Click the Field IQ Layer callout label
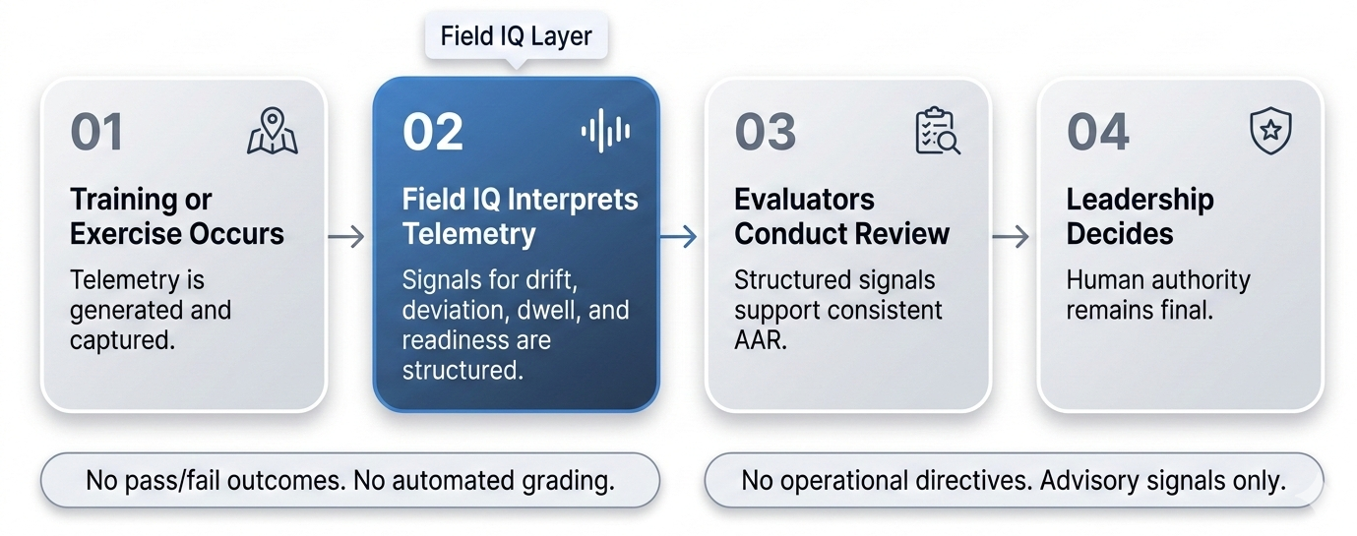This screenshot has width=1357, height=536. pyautogui.click(x=516, y=37)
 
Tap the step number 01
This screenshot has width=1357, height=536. pyautogui.click(x=96, y=133)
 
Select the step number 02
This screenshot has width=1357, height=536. pyautogui.click(x=432, y=133)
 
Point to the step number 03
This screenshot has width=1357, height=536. pyautogui.click(x=766, y=133)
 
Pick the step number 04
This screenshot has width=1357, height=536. pyautogui.click(x=1098, y=133)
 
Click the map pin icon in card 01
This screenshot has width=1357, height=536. pyautogui.click(x=272, y=132)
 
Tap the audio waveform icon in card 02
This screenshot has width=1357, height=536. pyautogui.click(x=605, y=132)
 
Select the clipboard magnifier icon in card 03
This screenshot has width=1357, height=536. pyautogui.click(x=937, y=132)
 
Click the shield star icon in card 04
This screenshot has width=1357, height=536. pyautogui.click(x=1270, y=130)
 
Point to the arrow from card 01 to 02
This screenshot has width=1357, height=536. pyautogui.click(x=345, y=236)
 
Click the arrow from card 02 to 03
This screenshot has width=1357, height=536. pyautogui.click(x=678, y=236)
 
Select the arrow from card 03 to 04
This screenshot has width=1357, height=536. pyautogui.click(x=1011, y=236)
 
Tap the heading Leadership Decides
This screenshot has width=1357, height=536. pyautogui.click(x=1140, y=216)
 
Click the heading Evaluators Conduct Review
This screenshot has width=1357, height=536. pyautogui.click(x=841, y=216)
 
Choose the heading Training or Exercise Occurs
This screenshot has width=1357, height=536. pyautogui.click(x=177, y=216)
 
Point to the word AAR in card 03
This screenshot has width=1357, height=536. pyautogui.click(x=760, y=341)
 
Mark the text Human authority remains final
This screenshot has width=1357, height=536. pyautogui.click(x=1157, y=295)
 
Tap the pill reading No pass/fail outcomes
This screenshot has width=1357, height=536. pyautogui.click(x=349, y=481)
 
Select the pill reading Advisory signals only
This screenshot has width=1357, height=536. pyautogui.click(x=1015, y=481)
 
